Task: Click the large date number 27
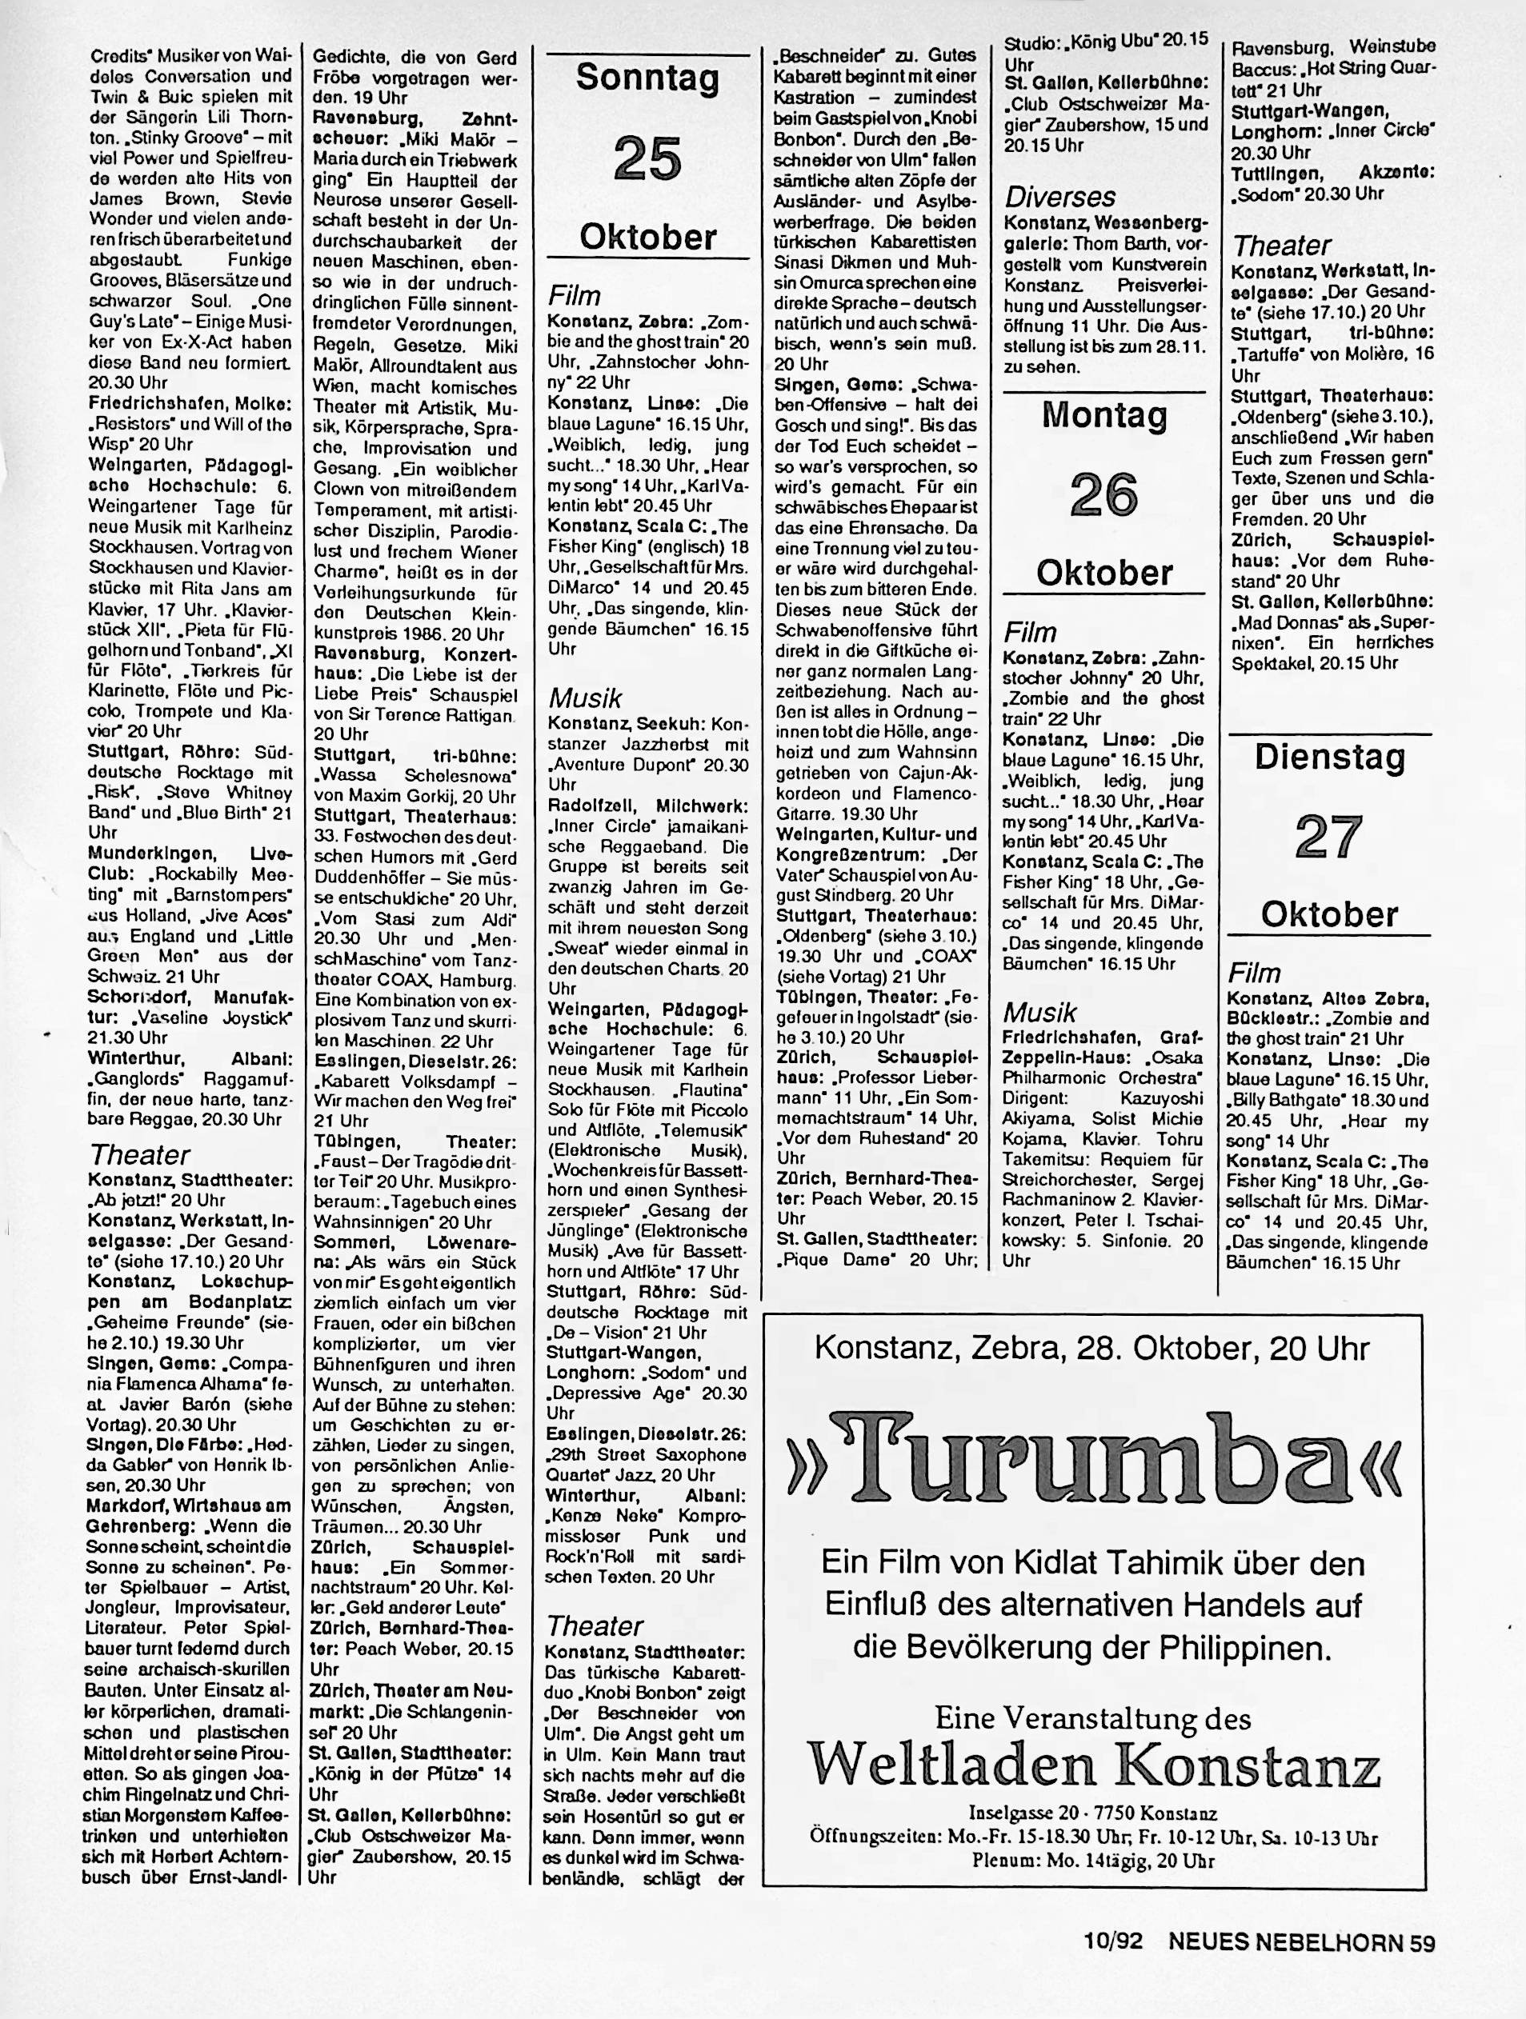[1328, 836]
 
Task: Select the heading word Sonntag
[647, 78]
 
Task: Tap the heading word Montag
[1104, 415]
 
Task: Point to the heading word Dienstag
[1328, 757]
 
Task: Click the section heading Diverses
[1059, 197]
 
